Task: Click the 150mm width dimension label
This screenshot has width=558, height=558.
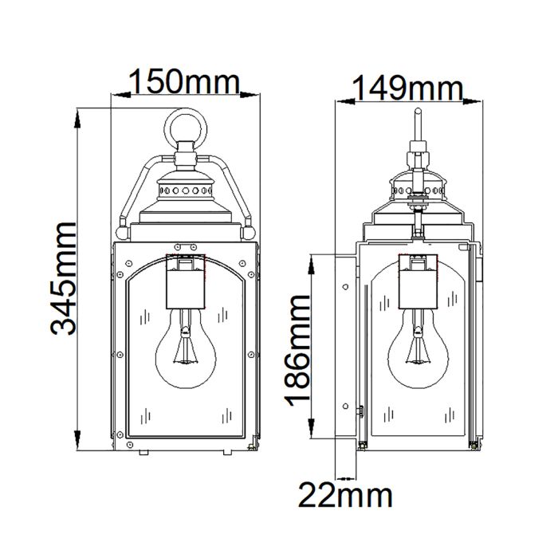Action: (x=184, y=81)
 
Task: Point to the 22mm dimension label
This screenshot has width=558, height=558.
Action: (x=345, y=495)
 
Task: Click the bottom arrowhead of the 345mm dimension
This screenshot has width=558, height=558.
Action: (x=77, y=449)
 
